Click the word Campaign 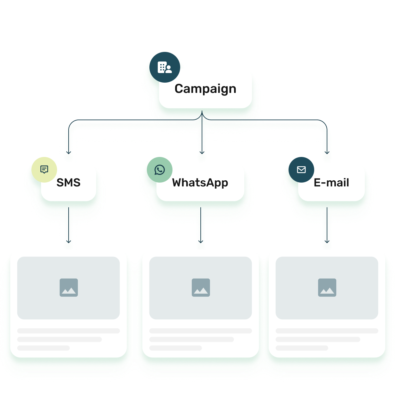point(205,89)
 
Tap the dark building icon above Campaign point(165,67)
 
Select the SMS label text point(68,183)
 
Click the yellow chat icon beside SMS point(44,169)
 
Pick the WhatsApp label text point(200,183)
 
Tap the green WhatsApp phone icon point(160,169)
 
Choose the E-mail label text point(331,183)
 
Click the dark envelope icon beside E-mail point(301,169)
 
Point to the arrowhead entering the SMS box point(69,152)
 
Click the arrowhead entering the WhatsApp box point(202,152)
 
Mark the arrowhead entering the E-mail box point(327,152)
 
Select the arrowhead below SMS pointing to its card point(69,241)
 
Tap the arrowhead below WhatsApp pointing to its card point(201,241)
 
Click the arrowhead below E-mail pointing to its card point(327,241)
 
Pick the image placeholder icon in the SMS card point(69,287)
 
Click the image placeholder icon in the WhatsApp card point(201,287)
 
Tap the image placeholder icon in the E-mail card point(327,287)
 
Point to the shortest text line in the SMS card point(44,348)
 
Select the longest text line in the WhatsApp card point(201,331)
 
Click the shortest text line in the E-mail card point(302,348)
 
